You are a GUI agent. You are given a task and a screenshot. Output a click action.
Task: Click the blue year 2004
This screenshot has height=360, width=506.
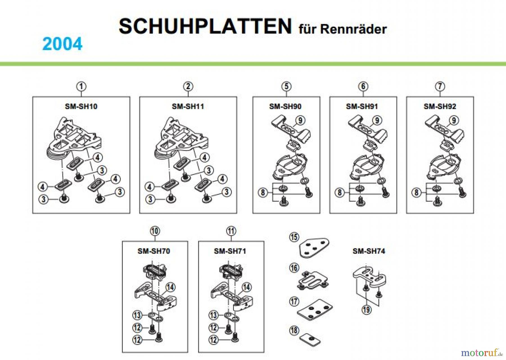pos(62,44)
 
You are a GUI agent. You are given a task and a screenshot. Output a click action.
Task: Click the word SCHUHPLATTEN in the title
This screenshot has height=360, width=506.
pos(205,26)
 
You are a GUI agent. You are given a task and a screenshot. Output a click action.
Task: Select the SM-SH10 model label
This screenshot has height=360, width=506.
pos(81,106)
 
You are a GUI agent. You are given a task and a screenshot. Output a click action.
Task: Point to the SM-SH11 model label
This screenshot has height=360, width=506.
pos(188,106)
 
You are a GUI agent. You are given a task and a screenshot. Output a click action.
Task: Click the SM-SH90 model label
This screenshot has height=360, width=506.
pos(285,106)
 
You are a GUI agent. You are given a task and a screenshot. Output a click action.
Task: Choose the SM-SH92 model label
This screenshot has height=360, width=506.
pos(440,106)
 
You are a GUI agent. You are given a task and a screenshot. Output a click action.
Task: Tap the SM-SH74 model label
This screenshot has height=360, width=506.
pos(369,251)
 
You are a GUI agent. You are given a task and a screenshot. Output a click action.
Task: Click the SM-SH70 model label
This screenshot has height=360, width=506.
pos(154,251)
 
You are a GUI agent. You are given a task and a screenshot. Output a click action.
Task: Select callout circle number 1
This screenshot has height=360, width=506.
pos(81,86)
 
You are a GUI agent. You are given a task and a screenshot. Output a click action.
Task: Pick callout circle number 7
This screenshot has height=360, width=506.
pos(440,86)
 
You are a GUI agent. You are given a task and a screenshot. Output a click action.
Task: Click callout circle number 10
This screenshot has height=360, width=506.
pos(155,231)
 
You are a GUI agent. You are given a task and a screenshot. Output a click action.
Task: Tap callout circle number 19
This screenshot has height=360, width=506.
pos(366,310)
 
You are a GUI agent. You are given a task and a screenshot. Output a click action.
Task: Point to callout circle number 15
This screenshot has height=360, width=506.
pos(294,237)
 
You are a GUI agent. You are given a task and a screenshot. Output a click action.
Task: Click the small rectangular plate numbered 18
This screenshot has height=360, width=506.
pos(310,340)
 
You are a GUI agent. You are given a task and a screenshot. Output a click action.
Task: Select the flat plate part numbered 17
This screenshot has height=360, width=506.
pos(315,310)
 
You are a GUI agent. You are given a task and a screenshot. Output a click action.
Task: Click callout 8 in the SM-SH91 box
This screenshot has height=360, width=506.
pos(340,192)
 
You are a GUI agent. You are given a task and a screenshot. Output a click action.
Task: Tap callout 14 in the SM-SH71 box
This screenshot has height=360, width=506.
pos(247,287)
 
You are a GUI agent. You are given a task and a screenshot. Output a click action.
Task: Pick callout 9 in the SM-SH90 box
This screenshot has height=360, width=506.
pos(300,120)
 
